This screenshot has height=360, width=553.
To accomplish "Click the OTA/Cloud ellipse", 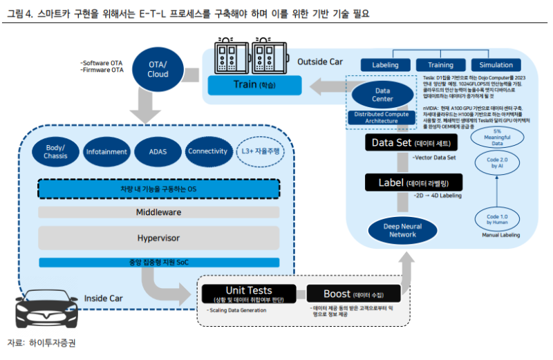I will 158,69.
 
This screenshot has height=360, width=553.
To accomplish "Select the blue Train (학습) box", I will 254,86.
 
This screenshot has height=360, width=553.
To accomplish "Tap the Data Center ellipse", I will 382,95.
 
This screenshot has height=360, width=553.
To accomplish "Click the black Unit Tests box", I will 249,294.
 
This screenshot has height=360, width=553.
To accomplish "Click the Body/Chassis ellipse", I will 55,151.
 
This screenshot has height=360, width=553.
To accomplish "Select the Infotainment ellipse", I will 106,151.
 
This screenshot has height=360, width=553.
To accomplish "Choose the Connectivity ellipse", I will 207,151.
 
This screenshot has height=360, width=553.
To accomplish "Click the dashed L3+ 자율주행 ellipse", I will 261,151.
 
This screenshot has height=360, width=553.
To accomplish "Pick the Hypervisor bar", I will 158,238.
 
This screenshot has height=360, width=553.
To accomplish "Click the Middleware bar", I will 158,213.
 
